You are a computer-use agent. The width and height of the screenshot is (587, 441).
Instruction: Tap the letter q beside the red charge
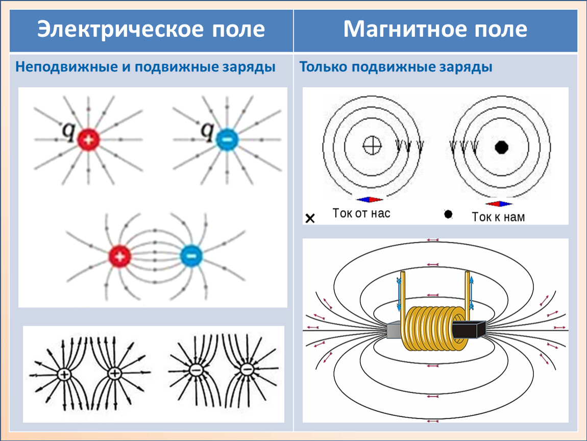click(x=68, y=132)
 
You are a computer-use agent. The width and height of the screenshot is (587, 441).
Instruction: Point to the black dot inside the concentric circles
click(x=502, y=147)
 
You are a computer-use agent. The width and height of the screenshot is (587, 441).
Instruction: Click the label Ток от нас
click(x=361, y=213)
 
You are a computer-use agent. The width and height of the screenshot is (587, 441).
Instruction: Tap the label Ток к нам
click(x=498, y=217)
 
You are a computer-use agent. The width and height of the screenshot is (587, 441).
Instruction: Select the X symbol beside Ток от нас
click(x=310, y=219)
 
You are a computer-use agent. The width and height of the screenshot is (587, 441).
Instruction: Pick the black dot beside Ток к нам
click(x=448, y=214)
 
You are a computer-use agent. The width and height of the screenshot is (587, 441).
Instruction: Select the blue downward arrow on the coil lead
click(x=399, y=293)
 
